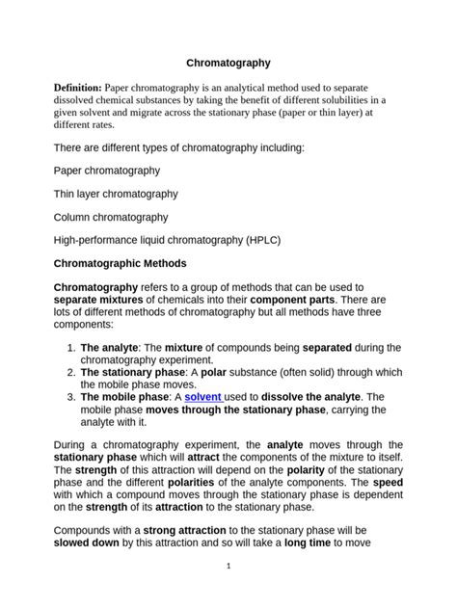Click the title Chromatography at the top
pos(228,62)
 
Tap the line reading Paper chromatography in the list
pos(107,171)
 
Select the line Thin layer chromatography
pos(116,194)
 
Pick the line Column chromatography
pos(111,218)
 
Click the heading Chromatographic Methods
pos(120,263)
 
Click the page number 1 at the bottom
pos(228,567)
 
